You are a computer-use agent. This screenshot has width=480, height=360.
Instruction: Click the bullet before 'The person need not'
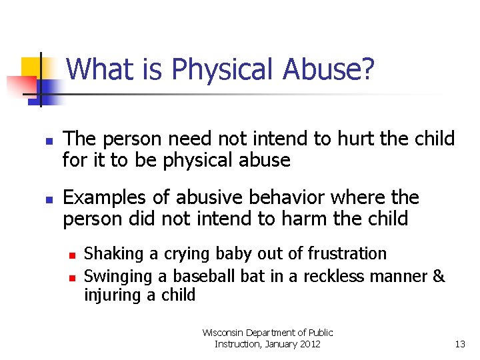click(x=49, y=141)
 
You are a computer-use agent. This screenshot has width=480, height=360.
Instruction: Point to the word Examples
click(x=104, y=198)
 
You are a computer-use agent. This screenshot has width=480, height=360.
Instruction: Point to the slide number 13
click(x=459, y=344)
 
